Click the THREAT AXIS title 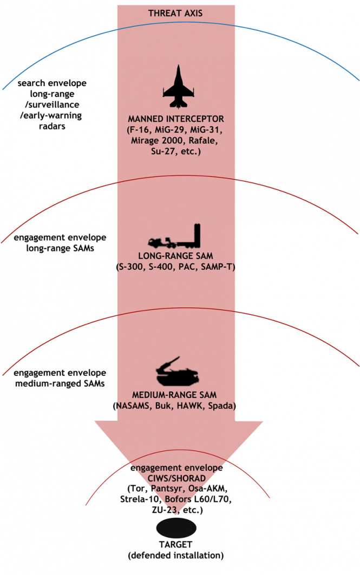176,12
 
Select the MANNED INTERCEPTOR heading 176,118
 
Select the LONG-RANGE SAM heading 176,255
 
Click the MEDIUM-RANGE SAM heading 176,394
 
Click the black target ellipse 176,527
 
